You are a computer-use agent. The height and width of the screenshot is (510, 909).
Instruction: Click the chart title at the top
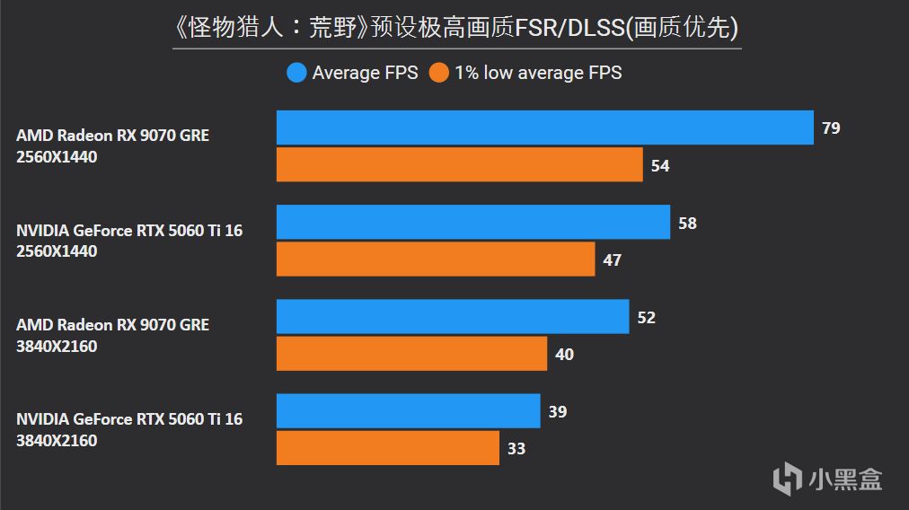[455, 28]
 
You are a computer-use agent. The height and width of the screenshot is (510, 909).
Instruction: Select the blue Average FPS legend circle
[296, 73]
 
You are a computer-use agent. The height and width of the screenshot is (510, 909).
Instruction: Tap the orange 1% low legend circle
[439, 73]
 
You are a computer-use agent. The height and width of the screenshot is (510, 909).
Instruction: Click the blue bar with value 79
[544, 127]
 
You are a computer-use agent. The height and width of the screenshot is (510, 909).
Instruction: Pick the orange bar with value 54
[459, 165]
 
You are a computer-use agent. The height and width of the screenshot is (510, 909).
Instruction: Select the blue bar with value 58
[472, 222]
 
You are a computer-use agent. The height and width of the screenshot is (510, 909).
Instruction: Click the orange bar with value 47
[435, 259]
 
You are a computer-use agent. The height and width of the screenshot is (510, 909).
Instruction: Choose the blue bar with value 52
[452, 317]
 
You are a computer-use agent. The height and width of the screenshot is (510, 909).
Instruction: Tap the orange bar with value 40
[411, 354]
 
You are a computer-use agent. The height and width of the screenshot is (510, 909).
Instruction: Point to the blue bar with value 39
[408, 411]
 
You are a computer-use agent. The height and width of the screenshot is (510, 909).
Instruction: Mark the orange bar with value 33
[387, 448]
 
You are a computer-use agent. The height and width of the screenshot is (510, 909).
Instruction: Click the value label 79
[831, 128]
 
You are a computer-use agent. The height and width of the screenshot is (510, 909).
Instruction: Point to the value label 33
[516, 449]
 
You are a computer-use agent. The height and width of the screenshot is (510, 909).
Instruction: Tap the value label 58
[687, 223]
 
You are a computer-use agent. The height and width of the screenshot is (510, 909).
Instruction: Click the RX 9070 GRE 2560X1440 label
[112, 146]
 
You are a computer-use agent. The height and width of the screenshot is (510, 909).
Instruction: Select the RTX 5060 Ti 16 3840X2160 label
[129, 430]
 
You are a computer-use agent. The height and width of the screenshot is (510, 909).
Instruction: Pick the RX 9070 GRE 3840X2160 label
[112, 335]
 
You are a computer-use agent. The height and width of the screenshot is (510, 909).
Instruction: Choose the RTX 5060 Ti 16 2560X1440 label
[129, 241]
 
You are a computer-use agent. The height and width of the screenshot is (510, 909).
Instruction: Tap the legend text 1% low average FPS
[538, 73]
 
